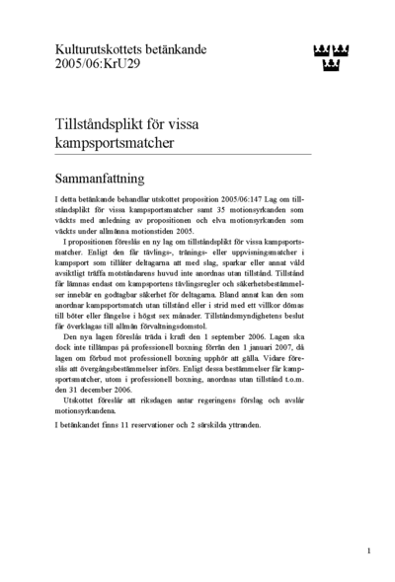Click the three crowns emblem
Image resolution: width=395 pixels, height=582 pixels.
pyautogui.click(x=338, y=57)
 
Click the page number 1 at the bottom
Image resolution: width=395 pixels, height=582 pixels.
pyautogui.click(x=367, y=550)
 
